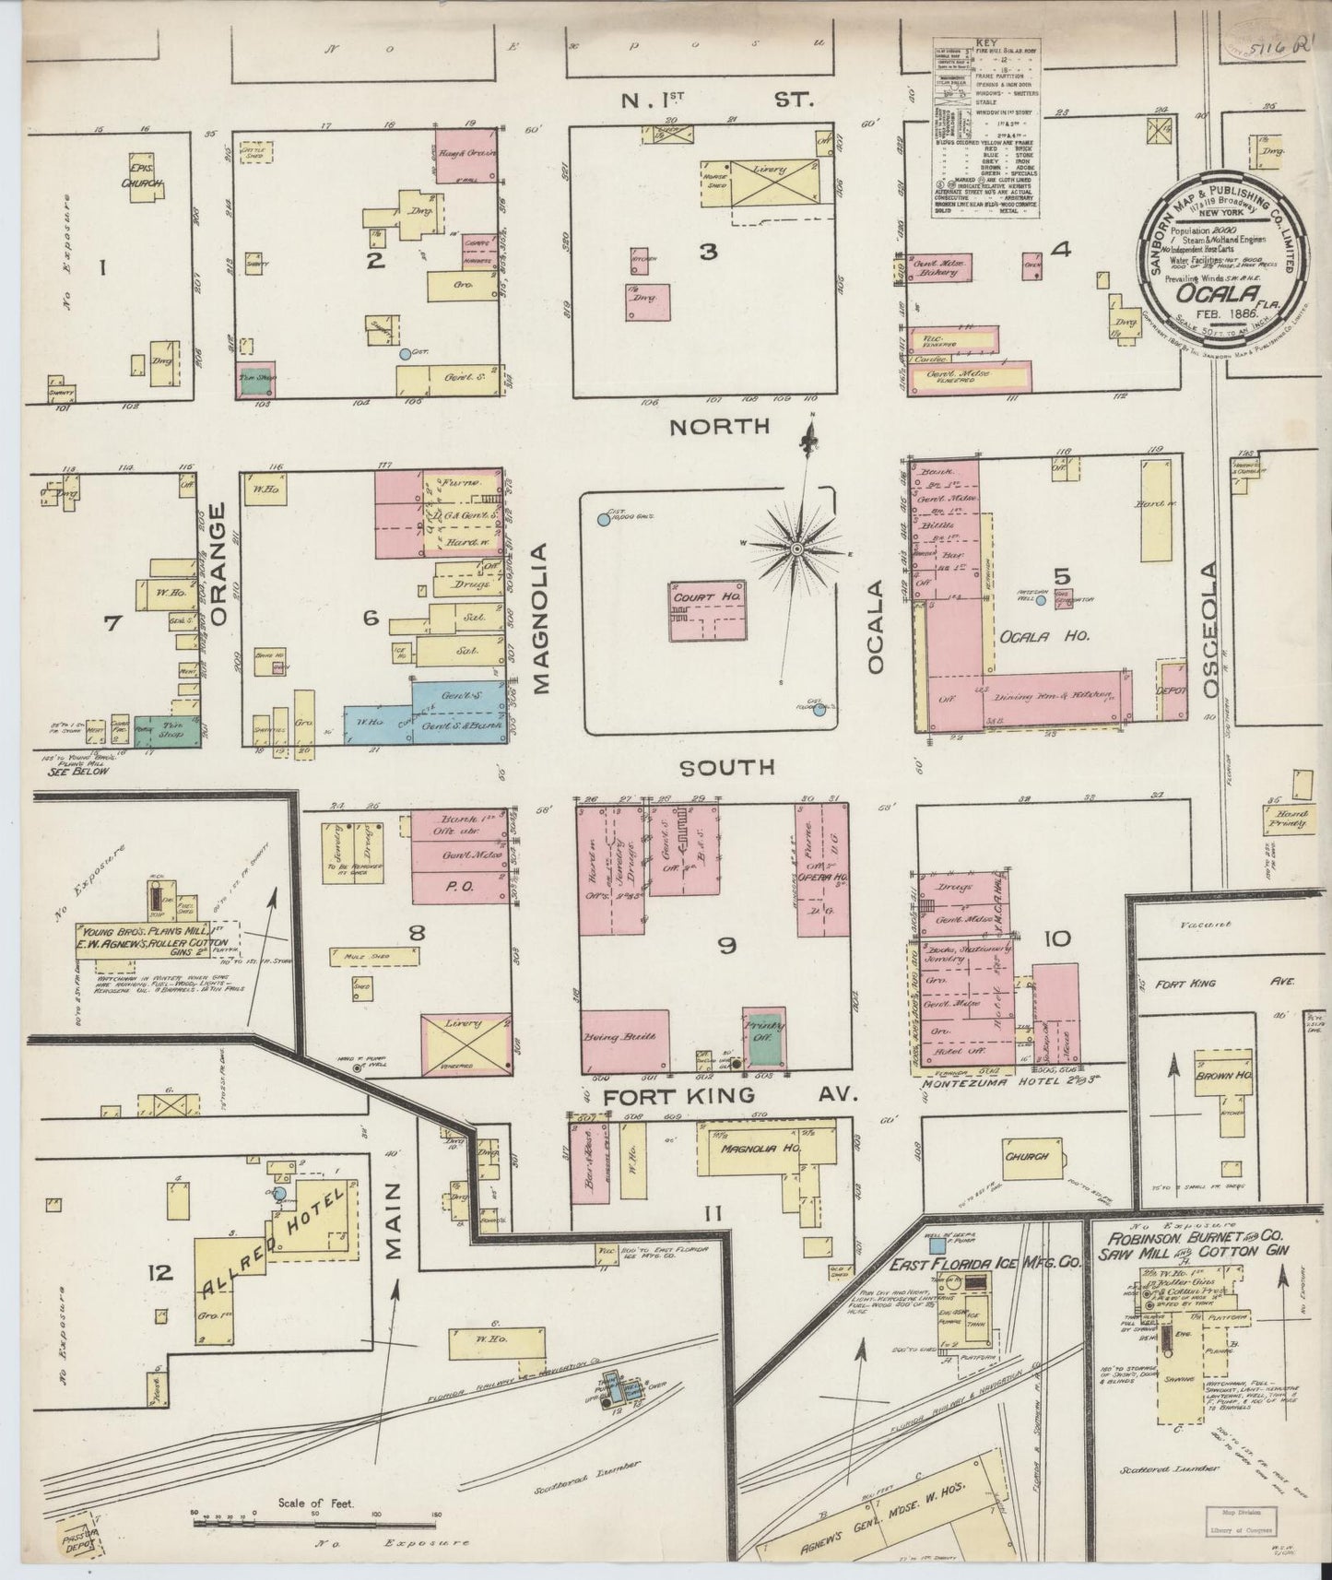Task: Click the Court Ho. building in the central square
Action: [x=706, y=611]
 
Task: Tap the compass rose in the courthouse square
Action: [x=795, y=549]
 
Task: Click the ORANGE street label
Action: [x=218, y=565]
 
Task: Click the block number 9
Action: [x=727, y=944]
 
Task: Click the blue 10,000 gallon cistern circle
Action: [x=604, y=520]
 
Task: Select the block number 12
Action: [x=159, y=1273]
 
